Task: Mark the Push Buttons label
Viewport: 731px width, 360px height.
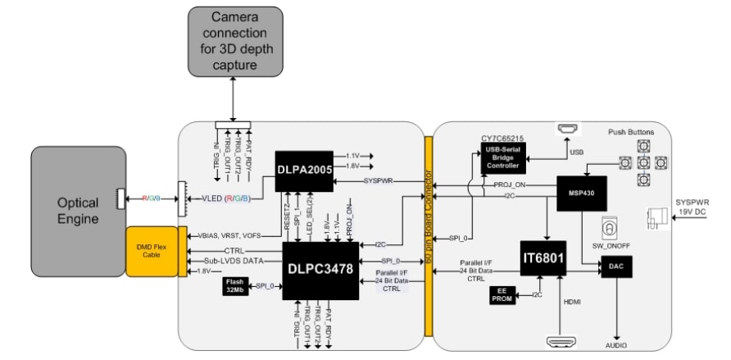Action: (631, 131)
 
